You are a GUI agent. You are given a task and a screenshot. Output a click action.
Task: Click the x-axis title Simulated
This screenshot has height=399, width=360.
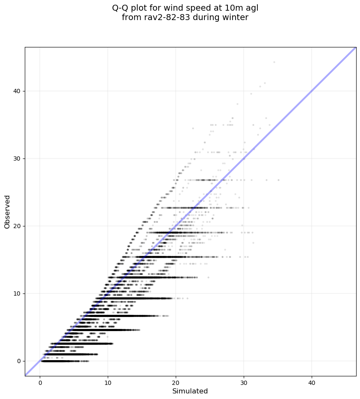tap(190, 391)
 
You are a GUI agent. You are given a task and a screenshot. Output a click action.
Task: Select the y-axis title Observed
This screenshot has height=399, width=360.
tap(7, 211)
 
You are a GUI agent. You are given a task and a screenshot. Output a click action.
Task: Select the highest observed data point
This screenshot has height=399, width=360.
tap(274, 62)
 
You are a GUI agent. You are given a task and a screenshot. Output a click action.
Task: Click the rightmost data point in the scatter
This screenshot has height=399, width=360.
tap(278, 180)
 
